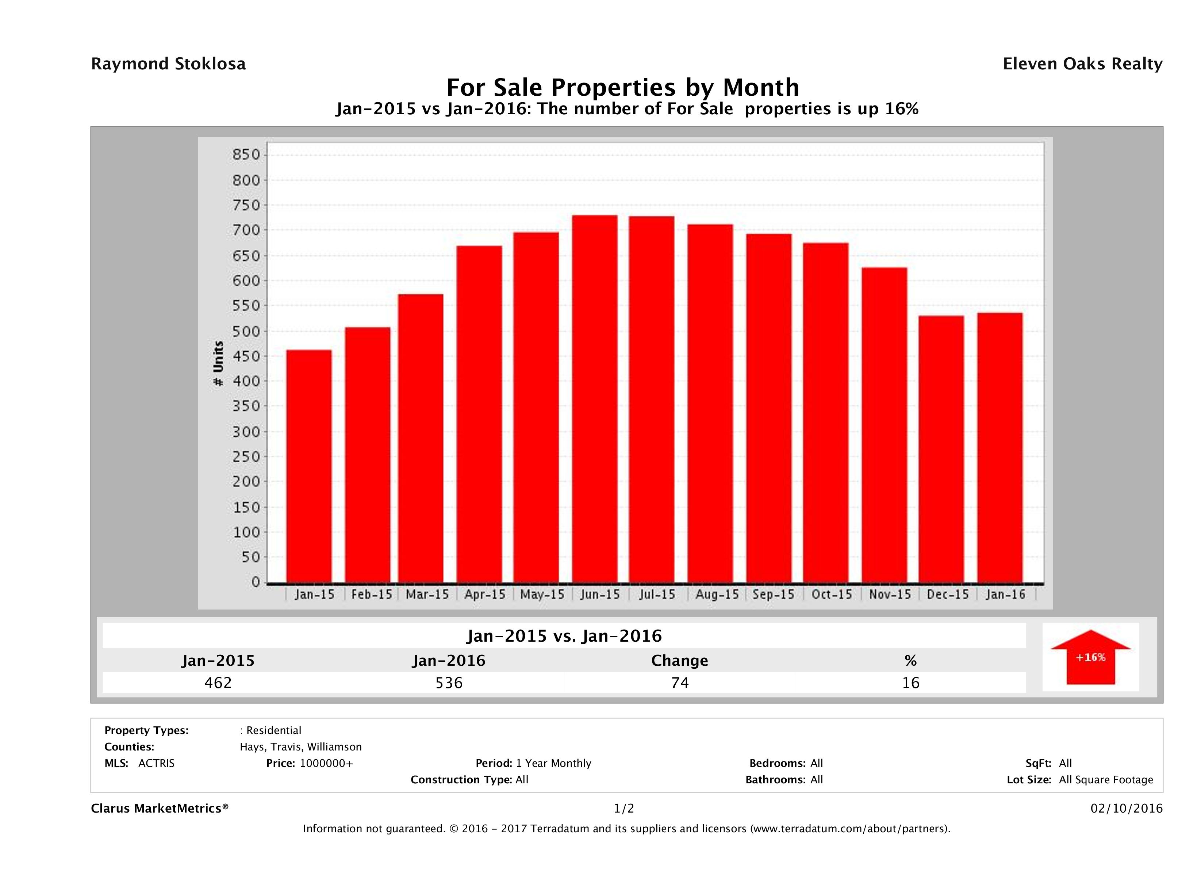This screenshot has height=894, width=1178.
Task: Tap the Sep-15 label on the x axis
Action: tap(773, 595)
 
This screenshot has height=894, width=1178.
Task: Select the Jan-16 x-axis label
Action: tap(1005, 595)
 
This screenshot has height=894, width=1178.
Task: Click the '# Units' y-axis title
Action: tap(218, 364)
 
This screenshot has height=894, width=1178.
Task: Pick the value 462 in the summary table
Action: tap(218, 683)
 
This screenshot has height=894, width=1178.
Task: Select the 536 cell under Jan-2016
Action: tap(449, 683)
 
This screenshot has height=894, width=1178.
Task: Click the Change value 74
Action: tap(680, 683)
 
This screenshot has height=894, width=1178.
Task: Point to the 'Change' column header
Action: tap(680, 661)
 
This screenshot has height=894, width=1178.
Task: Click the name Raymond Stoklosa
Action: tap(168, 64)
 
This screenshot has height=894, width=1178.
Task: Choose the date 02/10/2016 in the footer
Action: tap(1126, 809)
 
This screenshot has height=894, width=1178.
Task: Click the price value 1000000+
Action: tap(326, 764)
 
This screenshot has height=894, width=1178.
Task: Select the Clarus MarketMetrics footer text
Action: tap(160, 809)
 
